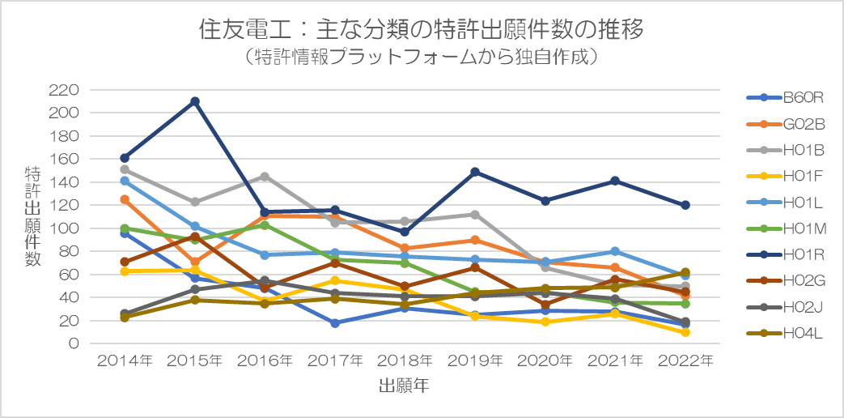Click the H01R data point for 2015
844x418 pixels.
(x=195, y=102)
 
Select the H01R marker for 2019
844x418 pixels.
(x=475, y=173)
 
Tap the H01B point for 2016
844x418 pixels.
(x=265, y=177)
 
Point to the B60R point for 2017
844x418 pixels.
(x=335, y=323)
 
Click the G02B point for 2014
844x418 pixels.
(x=125, y=199)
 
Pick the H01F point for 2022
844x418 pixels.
(x=685, y=332)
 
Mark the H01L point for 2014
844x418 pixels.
(x=125, y=181)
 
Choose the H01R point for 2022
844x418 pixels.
(x=685, y=206)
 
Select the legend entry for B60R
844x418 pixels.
(x=785, y=98)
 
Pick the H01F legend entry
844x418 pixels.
(x=785, y=176)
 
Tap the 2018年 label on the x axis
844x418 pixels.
(x=405, y=360)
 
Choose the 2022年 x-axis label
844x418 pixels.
(x=685, y=360)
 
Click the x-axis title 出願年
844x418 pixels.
(x=404, y=386)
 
